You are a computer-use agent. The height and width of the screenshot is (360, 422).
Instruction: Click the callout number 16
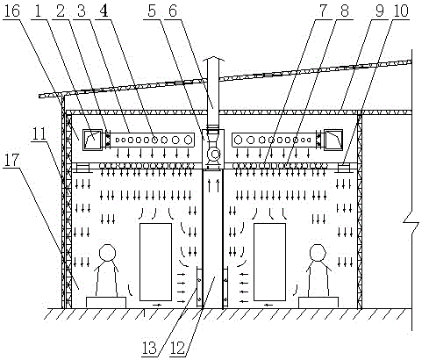point(12,11)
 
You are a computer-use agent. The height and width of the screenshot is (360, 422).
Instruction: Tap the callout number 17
point(11,161)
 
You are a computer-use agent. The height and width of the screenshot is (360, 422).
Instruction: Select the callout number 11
point(39,133)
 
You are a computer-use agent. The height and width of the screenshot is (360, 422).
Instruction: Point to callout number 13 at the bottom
point(151,348)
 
